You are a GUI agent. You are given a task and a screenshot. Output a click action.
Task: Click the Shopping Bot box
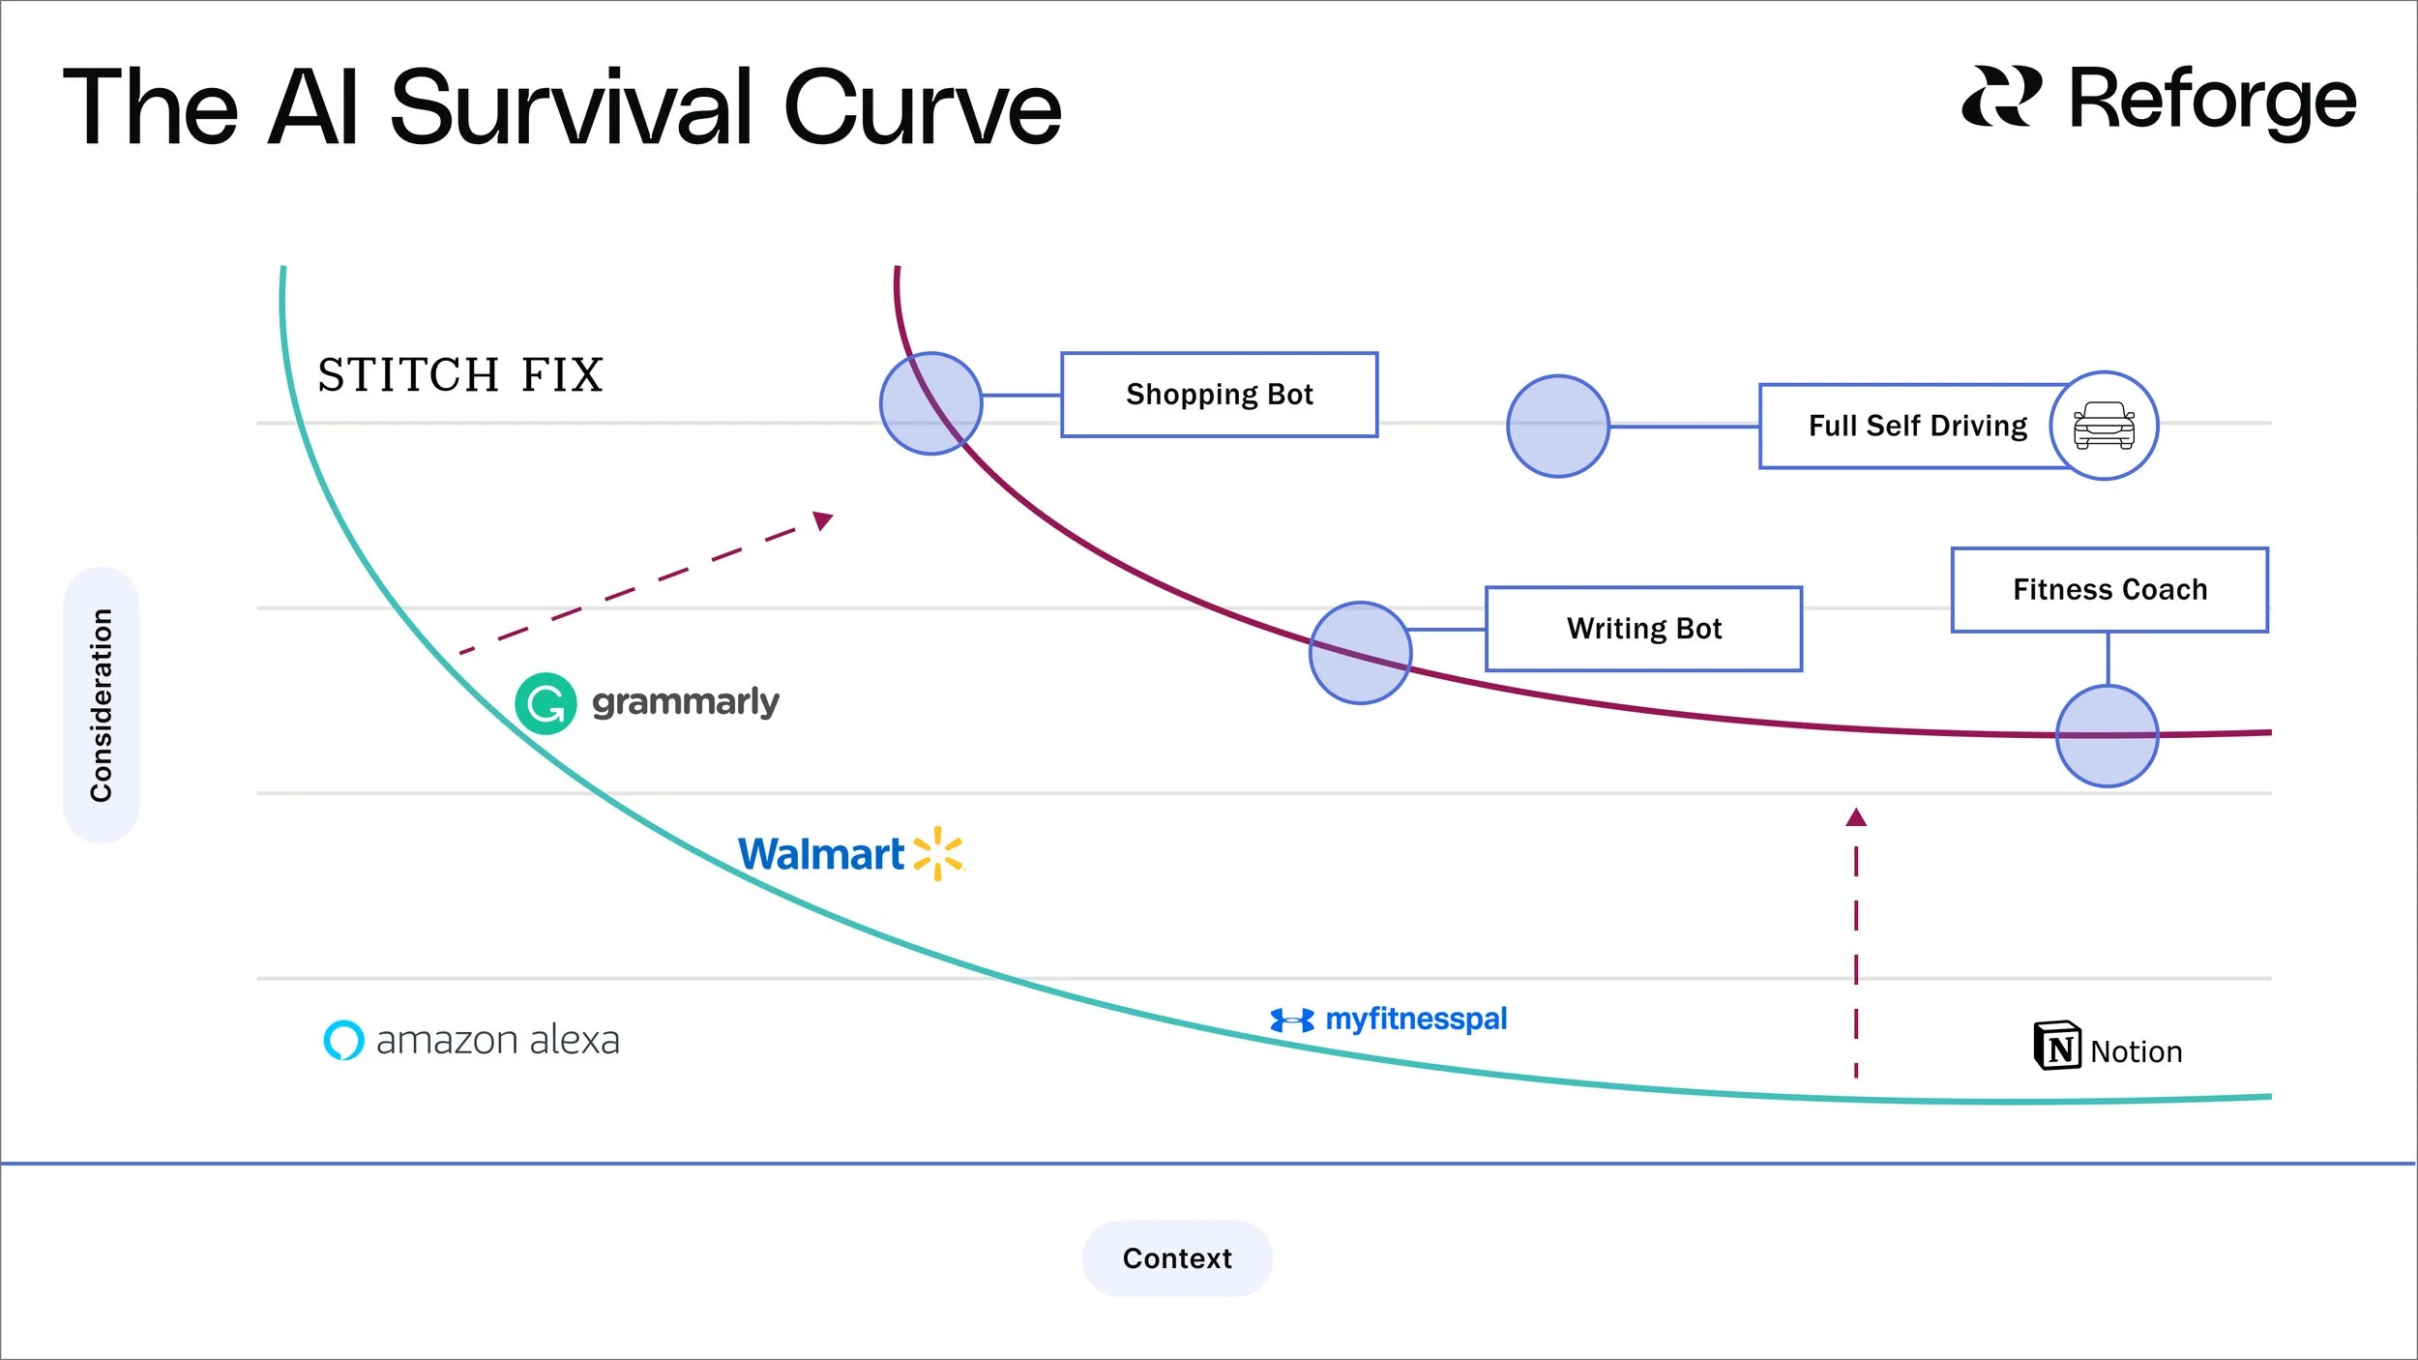tap(1219, 395)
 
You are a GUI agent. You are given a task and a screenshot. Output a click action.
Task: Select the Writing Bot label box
tap(1643, 629)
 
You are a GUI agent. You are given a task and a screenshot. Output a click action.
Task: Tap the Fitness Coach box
tap(2109, 590)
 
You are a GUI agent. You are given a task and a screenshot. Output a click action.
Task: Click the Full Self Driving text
tap(1917, 427)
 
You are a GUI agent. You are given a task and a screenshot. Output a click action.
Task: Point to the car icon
tap(2104, 426)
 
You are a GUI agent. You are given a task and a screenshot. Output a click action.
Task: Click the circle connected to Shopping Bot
tap(930, 403)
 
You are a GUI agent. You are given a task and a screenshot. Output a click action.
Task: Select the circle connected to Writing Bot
tap(1360, 653)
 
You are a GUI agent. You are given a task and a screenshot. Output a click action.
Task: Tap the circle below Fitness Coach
tap(2107, 736)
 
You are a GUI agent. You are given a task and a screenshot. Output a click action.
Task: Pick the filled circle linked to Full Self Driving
tap(1557, 427)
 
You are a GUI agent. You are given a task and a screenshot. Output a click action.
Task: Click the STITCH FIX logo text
tap(460, 375)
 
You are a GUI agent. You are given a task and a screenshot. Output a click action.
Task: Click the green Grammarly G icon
tap(546, 703)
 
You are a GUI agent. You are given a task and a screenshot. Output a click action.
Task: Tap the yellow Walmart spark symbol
tap(937, 853)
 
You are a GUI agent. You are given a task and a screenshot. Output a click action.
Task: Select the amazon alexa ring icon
tap(343, 1041)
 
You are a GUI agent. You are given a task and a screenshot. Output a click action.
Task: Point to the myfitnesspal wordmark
tap(1415, 1020)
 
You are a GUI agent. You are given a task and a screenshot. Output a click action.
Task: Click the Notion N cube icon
tap(2056, 1046)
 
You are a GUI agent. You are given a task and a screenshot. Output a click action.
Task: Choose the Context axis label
tap(1176, 1258)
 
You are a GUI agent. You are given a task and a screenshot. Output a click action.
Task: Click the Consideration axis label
tap(102, 705)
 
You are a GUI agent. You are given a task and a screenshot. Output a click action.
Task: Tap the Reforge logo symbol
tap(2001, 97)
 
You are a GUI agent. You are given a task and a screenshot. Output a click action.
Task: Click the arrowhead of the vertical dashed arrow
tap(1855, 818)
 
